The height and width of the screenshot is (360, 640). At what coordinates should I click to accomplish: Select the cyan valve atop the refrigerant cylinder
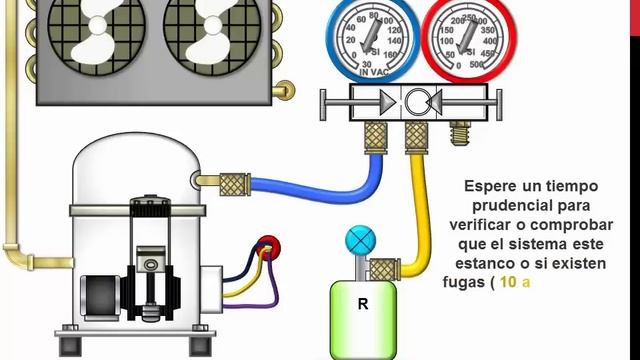(x=357, y=241)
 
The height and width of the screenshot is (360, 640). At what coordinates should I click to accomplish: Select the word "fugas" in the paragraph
(x=463, y=282)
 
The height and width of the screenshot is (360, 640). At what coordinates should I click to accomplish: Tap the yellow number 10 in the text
(x=508, y=282)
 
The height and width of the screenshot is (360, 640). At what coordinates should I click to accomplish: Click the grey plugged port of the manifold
(x=462, y=130)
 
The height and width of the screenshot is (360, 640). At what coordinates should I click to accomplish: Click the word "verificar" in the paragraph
(x=498, y=225)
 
